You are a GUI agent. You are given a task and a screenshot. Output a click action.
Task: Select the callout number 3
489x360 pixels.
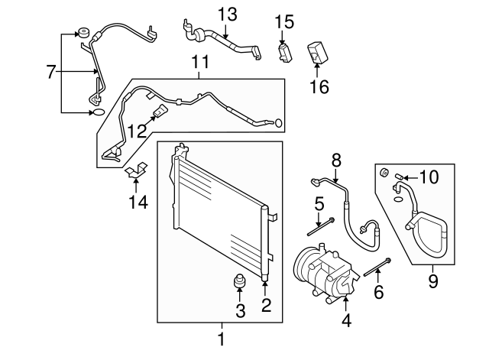[240, 310]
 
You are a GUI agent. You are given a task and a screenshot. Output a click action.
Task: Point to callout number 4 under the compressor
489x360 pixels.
[346, 322]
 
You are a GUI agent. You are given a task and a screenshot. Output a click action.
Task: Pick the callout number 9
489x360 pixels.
[432, 284]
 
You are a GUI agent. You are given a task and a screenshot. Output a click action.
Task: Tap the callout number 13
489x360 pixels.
[227, 14]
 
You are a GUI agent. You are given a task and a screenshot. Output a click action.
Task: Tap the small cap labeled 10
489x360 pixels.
[400, 179]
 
